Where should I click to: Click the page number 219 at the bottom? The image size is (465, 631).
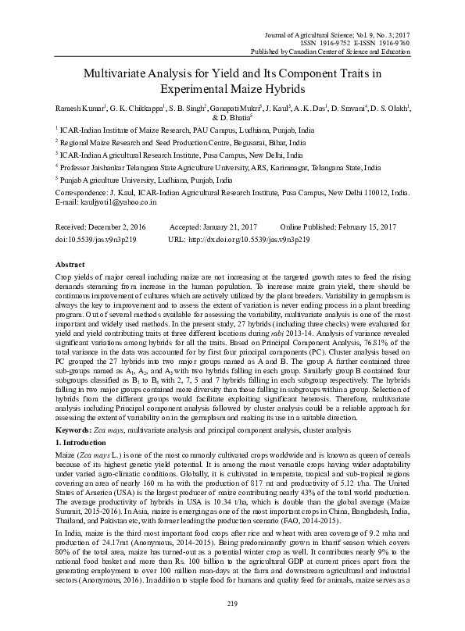[x=232, y=604]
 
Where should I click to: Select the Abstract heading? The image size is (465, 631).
[x=70, y=264]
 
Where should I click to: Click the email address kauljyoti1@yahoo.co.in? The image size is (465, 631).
[x=117, y=201]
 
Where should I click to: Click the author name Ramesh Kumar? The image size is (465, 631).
[x=77, y=107]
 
